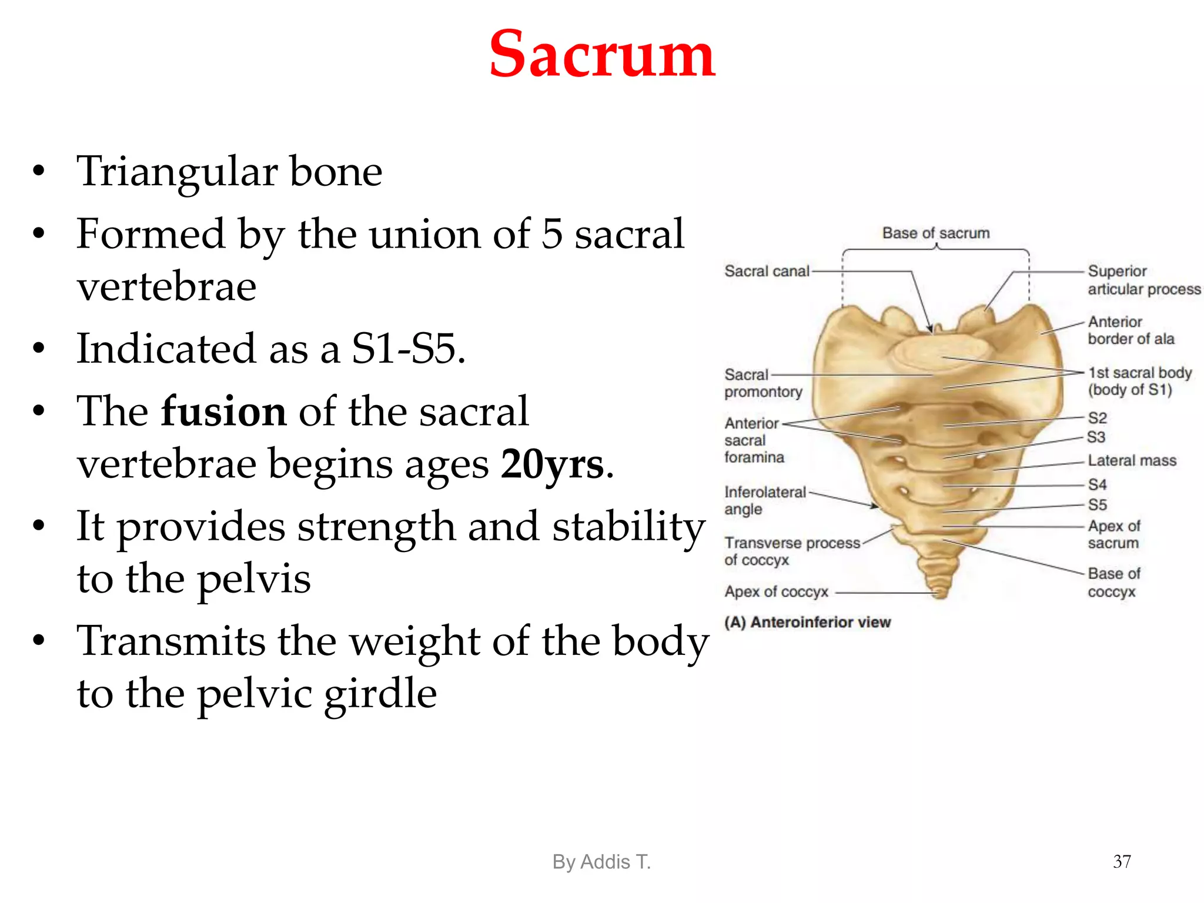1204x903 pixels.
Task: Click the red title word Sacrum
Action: [602, 54]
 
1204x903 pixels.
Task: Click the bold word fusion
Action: [223, 411]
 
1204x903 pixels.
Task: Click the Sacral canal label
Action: [767, 271]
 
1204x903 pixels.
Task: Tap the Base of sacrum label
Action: [936, 233]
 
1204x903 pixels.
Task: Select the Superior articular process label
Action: [1143, 280]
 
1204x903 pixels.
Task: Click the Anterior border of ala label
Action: [1131, 330]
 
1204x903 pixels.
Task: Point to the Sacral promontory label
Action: [763, 383]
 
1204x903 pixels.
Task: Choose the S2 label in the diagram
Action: [1097, 418]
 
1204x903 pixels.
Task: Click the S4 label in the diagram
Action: [1097, 484]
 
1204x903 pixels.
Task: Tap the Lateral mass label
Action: [1132, 460]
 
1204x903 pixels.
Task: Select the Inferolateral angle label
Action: [764, 500]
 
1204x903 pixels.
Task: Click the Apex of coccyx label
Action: [776, 591]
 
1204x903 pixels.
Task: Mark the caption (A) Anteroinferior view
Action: [807, 622]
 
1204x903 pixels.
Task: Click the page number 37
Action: [1122, 861]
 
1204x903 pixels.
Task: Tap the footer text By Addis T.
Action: [601, 862]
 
